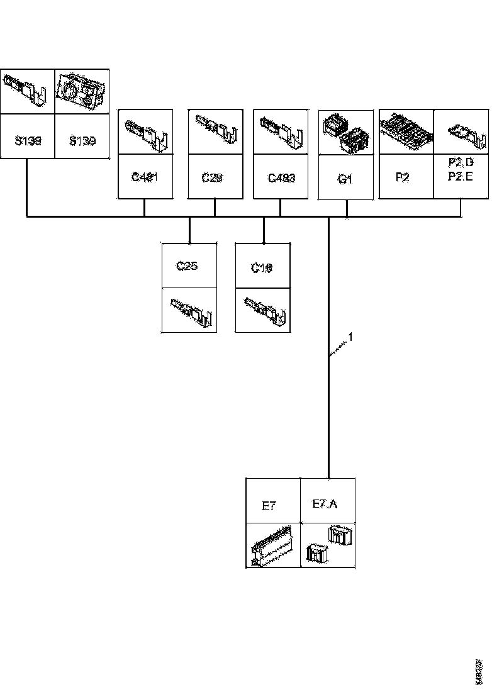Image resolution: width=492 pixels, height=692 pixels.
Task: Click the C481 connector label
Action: tap(144, 177)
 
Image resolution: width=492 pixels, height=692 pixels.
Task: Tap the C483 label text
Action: tap(281, 177)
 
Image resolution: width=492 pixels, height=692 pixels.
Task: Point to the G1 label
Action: tap(345, 179)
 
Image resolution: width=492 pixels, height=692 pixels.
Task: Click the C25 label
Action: tap(187, 265)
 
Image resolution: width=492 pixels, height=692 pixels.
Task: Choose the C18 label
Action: tap(262, 267)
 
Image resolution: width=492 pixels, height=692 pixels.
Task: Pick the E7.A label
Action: tap(325, 504)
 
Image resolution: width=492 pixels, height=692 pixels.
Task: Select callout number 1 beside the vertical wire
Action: tap(351, 338)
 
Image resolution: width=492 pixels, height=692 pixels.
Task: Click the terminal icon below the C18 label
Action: tap(265, 310)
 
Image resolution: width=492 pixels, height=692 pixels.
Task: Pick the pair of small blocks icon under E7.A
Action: tap(328, 545)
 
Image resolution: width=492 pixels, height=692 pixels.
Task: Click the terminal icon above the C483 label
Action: tap(281, 131)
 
